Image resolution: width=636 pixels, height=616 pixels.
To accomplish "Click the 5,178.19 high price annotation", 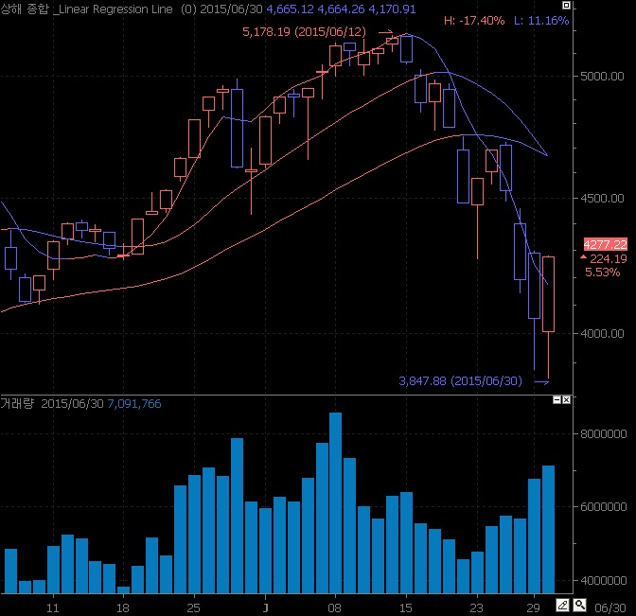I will (x=304, y=32).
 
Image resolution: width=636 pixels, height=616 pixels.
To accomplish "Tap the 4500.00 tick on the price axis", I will (x=605, y=199).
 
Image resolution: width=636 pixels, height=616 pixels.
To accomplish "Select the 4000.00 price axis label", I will (x=605, y=333).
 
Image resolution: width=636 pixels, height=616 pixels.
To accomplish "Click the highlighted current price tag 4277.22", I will (x=606, y=243).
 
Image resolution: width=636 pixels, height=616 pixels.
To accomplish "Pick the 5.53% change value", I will (x=602, y=273).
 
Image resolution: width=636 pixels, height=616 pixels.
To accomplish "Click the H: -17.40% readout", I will (x=470, y=20).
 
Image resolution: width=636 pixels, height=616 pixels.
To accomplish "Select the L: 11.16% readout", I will (x=542, y=20).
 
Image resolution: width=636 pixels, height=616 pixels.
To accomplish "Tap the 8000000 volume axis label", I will (x=607, y=434).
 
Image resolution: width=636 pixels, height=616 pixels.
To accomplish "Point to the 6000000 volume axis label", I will (x=607, y=508).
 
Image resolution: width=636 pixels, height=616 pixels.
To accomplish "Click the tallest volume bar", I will (x=335, y=501).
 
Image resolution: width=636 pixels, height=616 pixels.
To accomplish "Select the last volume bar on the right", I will (x=548, y=527).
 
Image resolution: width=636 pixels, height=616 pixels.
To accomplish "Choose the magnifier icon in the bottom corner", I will (x=578, y=605).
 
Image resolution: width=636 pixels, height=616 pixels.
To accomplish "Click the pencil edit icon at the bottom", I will (x=561, y=605).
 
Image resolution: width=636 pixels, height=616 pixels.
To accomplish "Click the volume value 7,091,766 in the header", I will (x=134, y=404).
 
